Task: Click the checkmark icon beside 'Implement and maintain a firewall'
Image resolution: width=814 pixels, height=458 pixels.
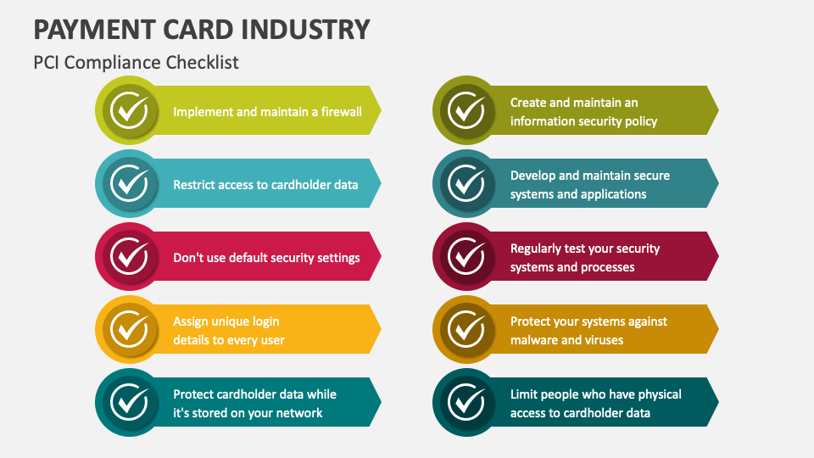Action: coord(130,110)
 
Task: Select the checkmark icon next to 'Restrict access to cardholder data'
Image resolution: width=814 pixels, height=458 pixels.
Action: coord(130,183)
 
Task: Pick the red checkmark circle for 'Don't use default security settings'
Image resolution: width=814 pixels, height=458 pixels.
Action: coord(130,256)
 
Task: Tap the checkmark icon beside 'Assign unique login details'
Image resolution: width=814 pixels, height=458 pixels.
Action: coord(130,329)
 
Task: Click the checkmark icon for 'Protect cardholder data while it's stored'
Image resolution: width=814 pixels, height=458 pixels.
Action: coord(130,402)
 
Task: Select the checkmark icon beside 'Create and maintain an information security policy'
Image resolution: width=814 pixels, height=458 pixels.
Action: coord(466,110)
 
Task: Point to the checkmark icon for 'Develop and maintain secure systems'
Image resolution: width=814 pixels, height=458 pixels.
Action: coord(466,183)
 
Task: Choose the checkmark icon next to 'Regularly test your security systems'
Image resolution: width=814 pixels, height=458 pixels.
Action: coord(466,256)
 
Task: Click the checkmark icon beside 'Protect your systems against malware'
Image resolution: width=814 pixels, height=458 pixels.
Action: coord(466,329)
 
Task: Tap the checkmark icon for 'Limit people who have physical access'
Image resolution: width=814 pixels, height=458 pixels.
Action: coord(466,402)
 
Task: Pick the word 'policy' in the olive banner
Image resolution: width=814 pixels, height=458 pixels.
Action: coord(640,121)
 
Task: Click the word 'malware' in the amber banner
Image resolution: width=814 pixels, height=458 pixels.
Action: coord(534,340)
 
